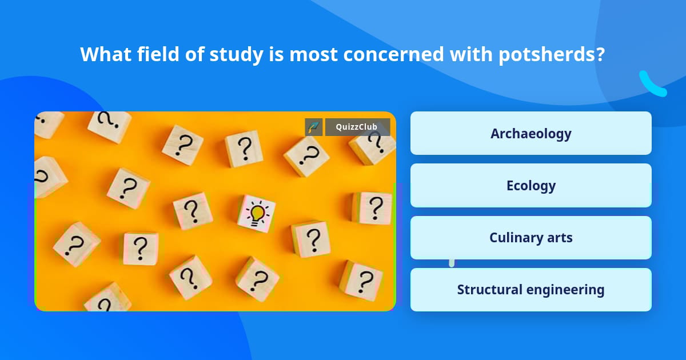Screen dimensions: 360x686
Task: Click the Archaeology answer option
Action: [x=531, y=133]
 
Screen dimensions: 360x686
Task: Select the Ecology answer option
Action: [x=531, y=186]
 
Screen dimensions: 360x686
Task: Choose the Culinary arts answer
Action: [x=531, y=238]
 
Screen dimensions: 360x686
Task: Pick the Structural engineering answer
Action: [x=531, y=290]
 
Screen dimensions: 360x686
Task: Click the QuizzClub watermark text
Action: [x=356, y=127]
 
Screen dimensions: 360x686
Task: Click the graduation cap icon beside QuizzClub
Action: [x=314, y=127]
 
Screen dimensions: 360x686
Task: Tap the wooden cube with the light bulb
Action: [x=257, y=214]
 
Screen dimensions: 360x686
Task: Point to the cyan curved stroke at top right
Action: [x=651, y=85]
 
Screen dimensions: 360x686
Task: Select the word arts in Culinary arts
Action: [x=559, y=238]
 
